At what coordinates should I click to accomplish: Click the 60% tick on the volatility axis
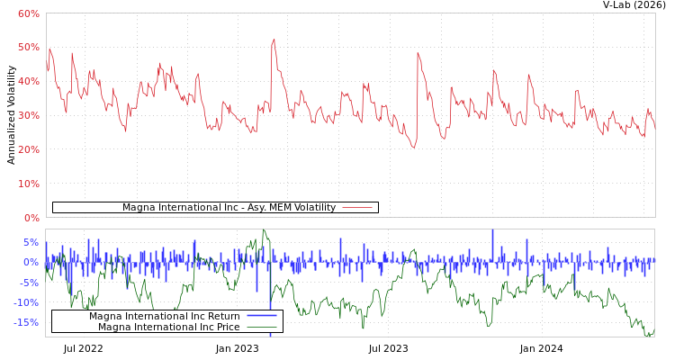click(x=28, y=13)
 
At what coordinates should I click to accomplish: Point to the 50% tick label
click(x=28, y=47)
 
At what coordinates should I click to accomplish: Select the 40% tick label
click(x=28, y=81)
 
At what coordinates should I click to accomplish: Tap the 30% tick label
click(x=28, y=115)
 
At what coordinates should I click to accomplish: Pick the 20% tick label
click(x=28, y=149)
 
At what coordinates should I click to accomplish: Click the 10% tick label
click(x=28, y=184)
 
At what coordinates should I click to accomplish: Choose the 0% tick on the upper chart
click(x=31, y=218)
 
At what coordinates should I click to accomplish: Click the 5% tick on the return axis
click(x=31, y=243)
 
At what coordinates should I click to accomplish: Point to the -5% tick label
click(x=29, y=283)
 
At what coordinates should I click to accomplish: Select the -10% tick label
click(x=26, y=302)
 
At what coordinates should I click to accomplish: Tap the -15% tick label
click(x=26, y=322)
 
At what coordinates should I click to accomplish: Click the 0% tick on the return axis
click(x=31, y=263)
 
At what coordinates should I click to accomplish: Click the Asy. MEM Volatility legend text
click(x=229, y=207)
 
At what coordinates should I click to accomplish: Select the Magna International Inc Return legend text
click(x=164, y=316)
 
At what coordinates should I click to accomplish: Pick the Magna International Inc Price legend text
click(x=168, y=327)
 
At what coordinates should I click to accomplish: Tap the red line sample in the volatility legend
click(x=357, y=207)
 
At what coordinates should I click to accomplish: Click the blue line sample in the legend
click(x=261, y=316)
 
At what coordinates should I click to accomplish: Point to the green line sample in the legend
click(x=261, y=327)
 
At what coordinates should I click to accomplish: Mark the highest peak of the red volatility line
click(x=274, y=40)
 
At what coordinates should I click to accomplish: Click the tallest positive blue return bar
click(x=492, y=230)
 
